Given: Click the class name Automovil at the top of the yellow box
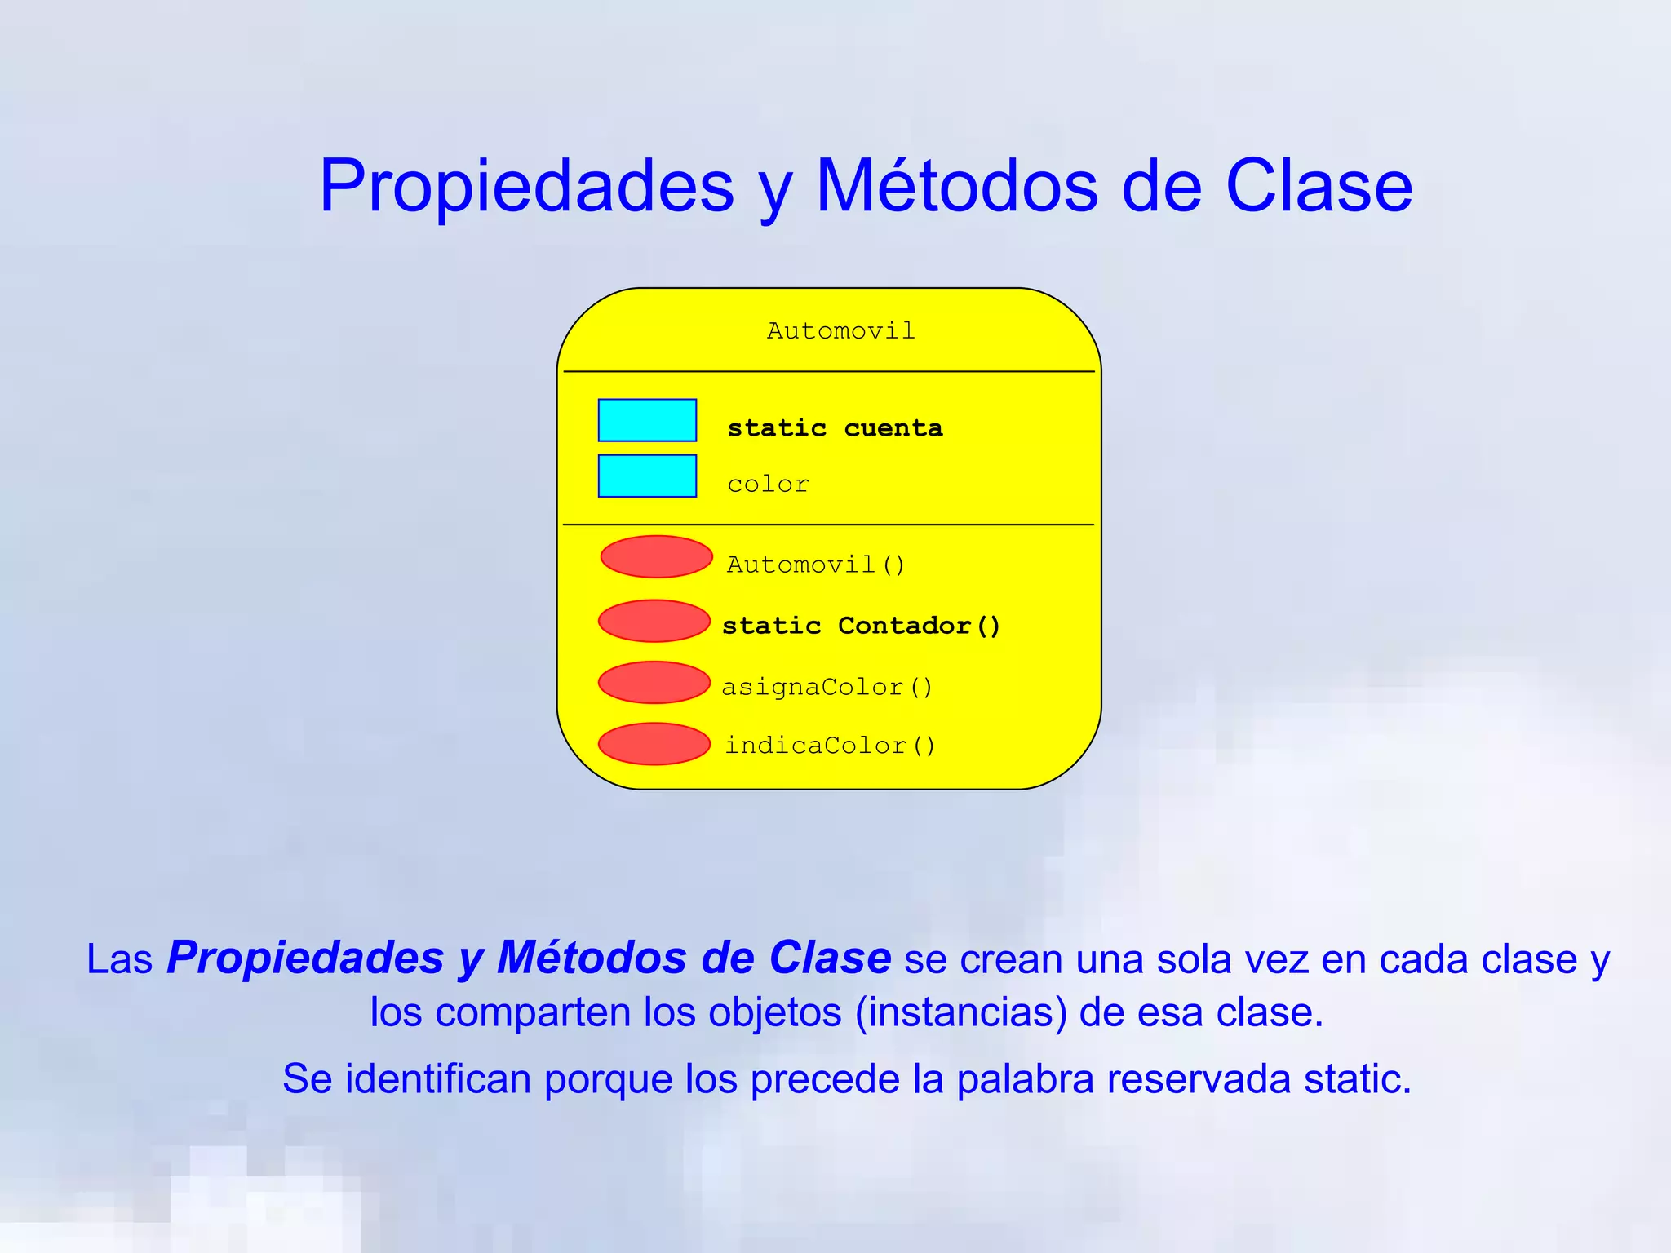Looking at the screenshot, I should [840, 331].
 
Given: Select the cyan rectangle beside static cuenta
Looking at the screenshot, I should [647, 420].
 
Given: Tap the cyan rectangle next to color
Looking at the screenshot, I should [647, 476].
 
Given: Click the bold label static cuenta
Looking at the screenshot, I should [835, 428].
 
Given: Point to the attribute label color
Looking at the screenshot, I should [768, 485].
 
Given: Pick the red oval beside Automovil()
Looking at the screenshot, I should [656, 556].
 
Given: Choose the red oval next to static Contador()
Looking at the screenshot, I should [654, 621].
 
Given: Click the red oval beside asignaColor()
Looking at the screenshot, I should [654, 682].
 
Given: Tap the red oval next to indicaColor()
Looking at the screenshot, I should [654, 744].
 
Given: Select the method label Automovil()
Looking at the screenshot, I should [816, 565].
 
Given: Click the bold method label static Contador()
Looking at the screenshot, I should [861, 626].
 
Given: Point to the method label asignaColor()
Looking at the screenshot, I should [827, 687].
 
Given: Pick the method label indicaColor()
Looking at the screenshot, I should [830, 746].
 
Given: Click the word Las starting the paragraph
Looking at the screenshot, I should [119, 959].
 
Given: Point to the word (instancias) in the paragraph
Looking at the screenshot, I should [961, 1013].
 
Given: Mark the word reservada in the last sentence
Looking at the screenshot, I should [1199, 1079].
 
